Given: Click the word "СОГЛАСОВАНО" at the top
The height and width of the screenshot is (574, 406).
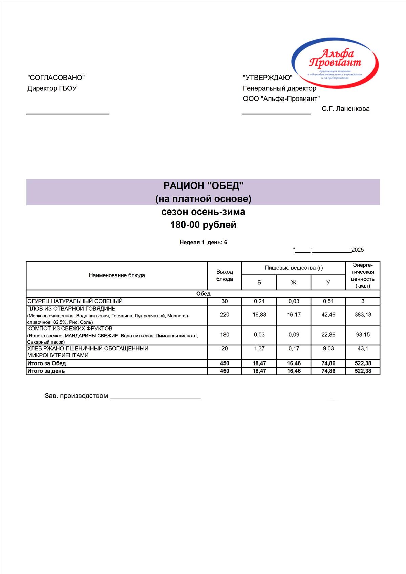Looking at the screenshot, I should [x=56, y=78].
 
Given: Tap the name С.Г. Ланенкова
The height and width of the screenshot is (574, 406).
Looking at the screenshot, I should [x=345, y=109].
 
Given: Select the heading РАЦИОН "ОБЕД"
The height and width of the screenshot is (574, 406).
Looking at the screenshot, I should [x=203, y=185].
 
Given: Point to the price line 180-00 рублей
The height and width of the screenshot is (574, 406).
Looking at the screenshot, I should [x=203, y=225].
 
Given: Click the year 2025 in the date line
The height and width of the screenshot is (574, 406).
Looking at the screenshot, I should [x=358, y=250].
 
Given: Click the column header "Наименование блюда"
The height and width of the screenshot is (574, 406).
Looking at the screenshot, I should [x=117, y=275].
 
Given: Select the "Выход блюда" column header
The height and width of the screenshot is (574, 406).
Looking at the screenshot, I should [x=225, y=275].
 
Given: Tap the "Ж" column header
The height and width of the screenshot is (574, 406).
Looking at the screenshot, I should [x=294, y=282].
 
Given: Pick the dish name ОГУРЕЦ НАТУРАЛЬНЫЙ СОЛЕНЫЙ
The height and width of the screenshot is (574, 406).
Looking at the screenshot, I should [x=75, y=301].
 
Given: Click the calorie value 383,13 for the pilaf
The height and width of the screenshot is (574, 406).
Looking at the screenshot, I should [x=363, y=314].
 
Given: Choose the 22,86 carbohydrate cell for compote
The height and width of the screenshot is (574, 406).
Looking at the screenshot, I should [x=328, y=334].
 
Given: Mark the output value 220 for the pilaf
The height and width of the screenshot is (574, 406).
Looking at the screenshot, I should [x=225, y=314].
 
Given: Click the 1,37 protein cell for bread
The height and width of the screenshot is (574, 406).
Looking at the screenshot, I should [x=259, y=348].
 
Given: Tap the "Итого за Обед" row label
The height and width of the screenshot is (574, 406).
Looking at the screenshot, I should [x=47, y=363].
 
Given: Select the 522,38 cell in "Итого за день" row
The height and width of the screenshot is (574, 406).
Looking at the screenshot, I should [x=363, y=371].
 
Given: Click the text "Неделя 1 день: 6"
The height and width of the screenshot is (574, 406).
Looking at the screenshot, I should [x=203, y=242].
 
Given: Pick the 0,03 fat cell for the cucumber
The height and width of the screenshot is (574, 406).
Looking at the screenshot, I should [x=294, y=301].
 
